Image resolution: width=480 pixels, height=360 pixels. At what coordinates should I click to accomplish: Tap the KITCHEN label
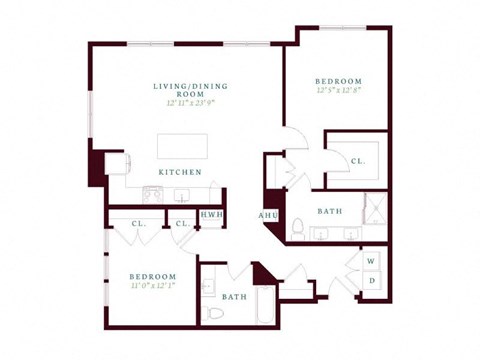click(179, 172)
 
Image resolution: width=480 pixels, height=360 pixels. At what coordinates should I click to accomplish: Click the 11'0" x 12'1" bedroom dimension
click(152, 287)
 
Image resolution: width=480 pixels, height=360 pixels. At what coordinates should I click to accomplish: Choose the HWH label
click(211, 215)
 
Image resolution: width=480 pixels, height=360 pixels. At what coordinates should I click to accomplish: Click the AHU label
click(268, 215)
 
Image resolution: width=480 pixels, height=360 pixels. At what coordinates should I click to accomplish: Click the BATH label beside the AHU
click(330, 211)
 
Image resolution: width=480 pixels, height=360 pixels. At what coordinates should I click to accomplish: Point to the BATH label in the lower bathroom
click(234, 297)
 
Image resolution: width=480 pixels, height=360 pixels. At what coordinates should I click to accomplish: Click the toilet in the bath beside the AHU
click(297, 225)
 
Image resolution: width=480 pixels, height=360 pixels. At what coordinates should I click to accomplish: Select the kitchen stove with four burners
click(152, 194)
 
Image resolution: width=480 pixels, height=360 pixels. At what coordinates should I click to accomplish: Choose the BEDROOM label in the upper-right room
click(338, 81)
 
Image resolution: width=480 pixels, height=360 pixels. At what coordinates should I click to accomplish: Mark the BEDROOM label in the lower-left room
click(152, 276)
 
